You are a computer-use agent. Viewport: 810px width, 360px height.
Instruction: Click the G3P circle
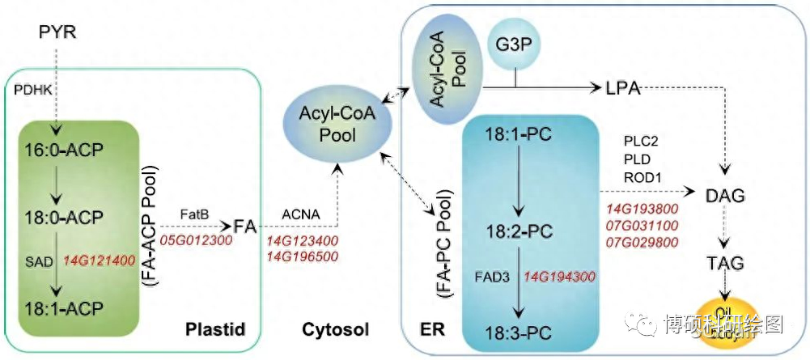[x=515, y=41]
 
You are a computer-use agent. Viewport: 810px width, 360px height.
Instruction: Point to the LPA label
[x=623, y=88]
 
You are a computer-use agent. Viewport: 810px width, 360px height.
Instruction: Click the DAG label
[x=727, y=197]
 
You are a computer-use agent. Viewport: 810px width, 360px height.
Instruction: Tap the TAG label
[x=727, y=264]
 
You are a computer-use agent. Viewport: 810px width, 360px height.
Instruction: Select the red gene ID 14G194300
[x=561, y=276]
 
